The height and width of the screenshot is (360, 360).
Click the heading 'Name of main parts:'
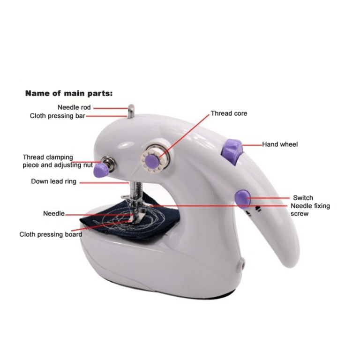(x=68, y=93)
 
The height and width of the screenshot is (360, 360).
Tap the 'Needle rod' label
(x=74, y=107)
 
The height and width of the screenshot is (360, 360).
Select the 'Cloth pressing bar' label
(x=57, y=116)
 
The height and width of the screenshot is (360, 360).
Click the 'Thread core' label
(x=229, y=113)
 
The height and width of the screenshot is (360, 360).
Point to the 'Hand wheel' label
(x=280, y=144)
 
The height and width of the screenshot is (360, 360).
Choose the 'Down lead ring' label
(x=53, y=181)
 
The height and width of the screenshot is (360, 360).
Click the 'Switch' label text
(x=303, y=198)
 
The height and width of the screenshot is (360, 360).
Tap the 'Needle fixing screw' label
(x=310, y=210)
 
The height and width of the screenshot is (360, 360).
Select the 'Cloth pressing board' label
(x=51, y=234)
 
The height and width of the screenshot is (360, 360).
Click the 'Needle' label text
(x=53, y=214)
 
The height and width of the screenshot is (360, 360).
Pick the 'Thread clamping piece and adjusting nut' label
(x=57, y=161)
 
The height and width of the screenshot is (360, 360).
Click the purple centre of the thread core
(x=151, y=161)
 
